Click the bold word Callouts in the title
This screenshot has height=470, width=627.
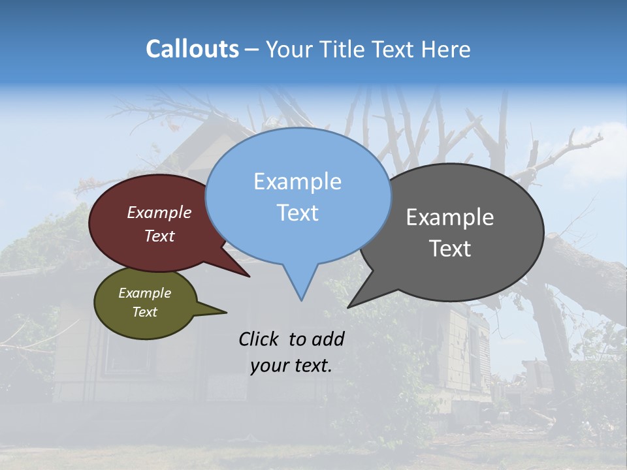coord(192,50)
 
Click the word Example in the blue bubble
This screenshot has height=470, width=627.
coord(297,181)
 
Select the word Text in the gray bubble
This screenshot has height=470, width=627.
coord(450,249)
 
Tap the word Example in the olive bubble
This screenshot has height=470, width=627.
coord(144,293)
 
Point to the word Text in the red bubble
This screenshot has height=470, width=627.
coord(159,236)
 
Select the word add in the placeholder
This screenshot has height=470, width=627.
coord(327,339)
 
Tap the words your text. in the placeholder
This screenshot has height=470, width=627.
coord(291,366)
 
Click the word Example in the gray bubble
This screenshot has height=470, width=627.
coord(450,217)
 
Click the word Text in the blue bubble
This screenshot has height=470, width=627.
coord(297,213)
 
